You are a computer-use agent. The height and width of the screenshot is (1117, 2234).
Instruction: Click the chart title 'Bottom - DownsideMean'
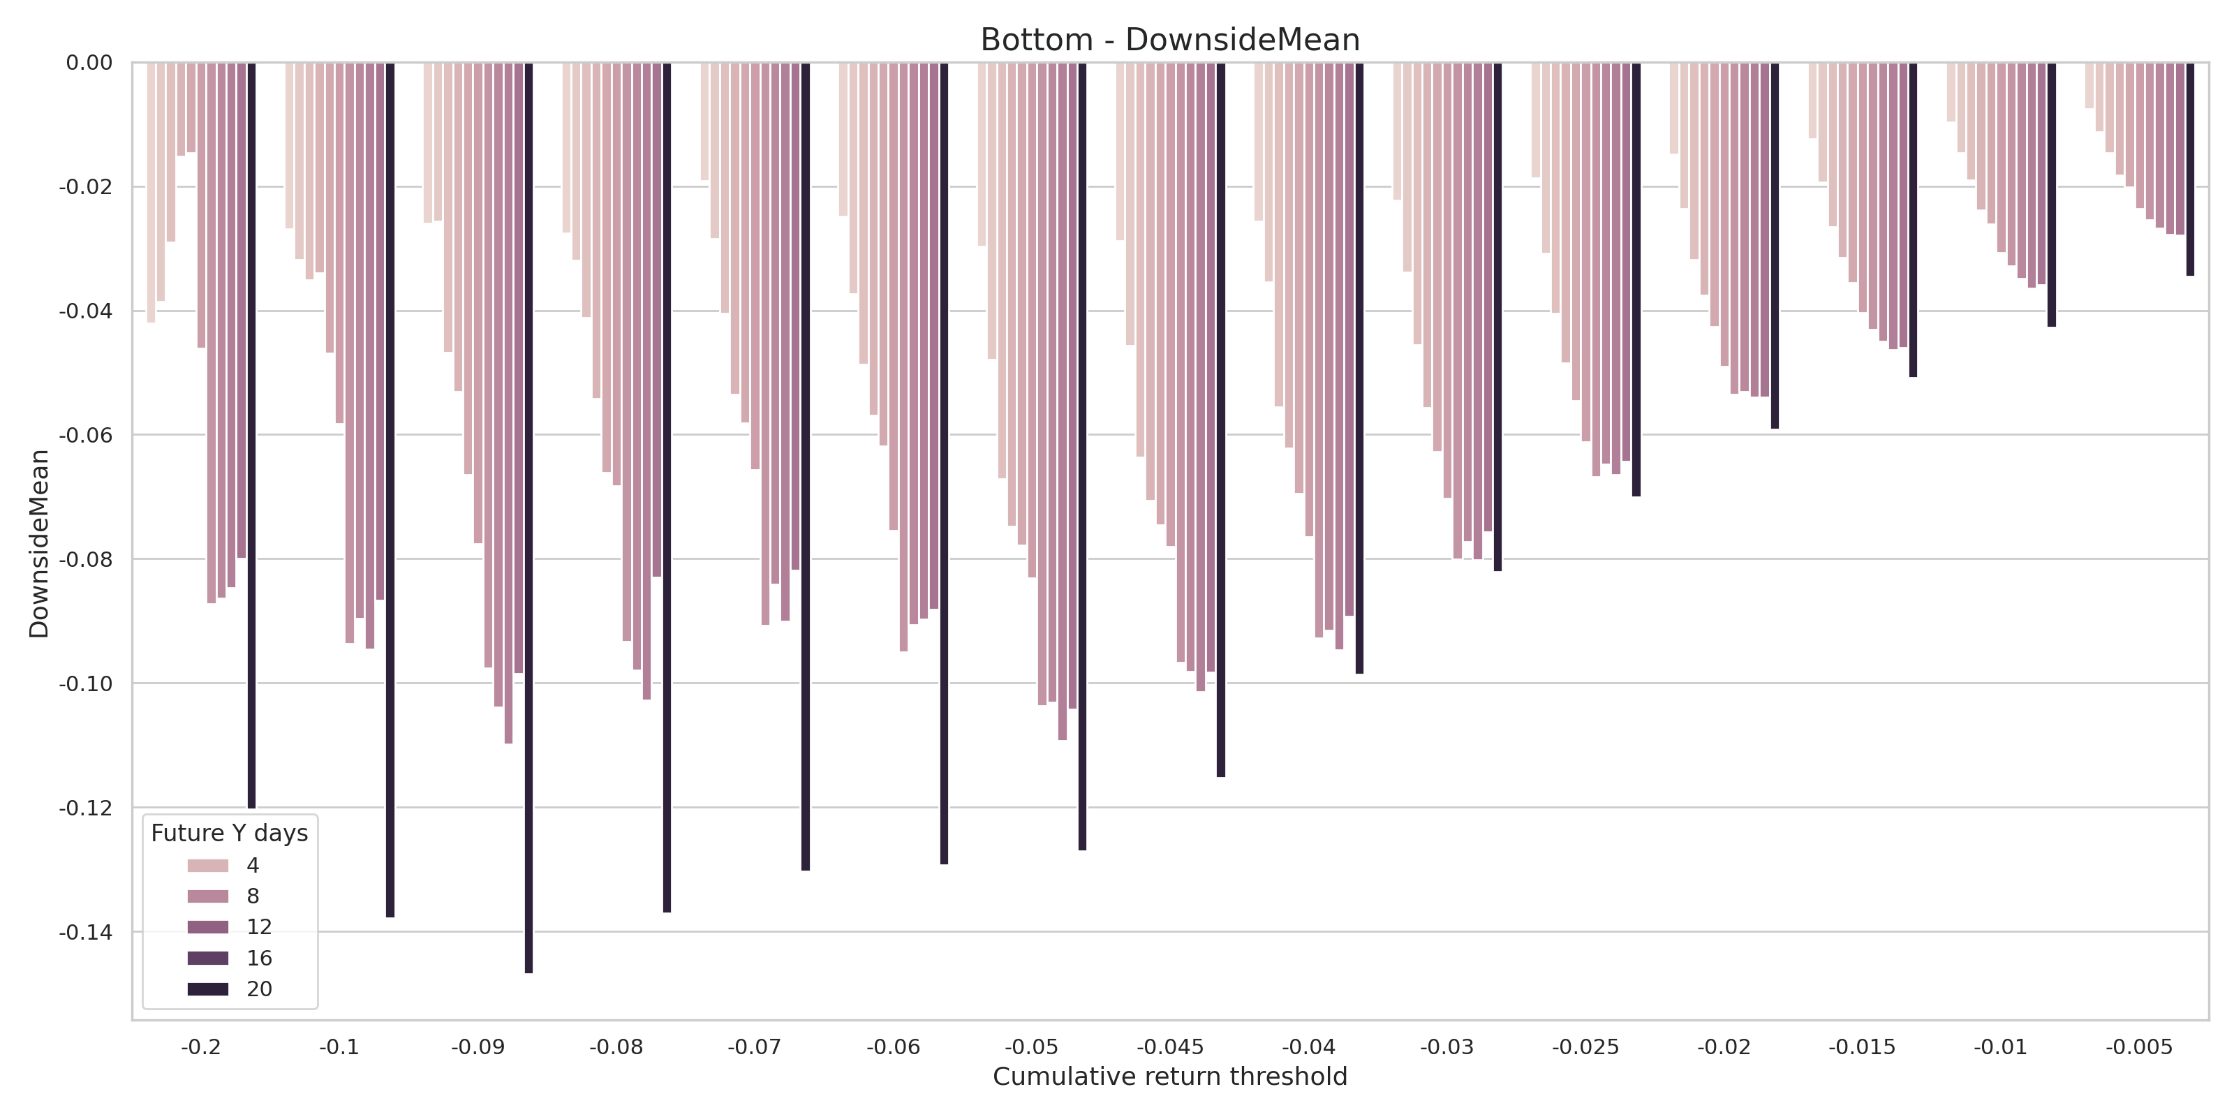coord(1169,40)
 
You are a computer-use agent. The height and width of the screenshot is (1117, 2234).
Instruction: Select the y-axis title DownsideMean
coord(39,544)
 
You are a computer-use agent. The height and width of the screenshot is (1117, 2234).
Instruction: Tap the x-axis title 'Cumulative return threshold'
coord(1169,1077)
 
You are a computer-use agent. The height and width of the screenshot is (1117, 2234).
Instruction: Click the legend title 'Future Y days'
coord(229,834)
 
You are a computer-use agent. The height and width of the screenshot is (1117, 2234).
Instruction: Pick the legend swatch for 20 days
coord(208,989)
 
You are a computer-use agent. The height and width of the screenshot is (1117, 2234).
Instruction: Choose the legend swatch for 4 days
coord(208,866)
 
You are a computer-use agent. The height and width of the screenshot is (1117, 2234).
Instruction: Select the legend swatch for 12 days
coord(208,927)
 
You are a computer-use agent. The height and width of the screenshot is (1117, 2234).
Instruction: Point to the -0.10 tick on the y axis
coord(86,683)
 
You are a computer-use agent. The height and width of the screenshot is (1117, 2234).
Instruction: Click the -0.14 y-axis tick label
coord(86,932)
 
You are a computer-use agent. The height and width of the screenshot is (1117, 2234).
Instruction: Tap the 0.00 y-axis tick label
coord(89,62)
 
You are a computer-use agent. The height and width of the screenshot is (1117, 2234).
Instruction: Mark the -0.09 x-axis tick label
coord(478,1046)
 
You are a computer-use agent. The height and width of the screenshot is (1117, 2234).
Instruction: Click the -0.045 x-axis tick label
coord(1170,1046)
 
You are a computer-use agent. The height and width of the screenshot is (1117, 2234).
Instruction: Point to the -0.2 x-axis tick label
coord(200,1046)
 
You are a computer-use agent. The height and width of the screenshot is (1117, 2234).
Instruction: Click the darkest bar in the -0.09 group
coord(529,518)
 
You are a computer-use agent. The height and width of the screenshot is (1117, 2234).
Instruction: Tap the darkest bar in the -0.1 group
coord(390,490)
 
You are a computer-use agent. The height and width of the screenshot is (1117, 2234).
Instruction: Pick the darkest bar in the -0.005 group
coord(2190,169)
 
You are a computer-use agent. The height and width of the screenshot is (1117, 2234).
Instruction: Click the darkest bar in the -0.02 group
coord(1775,246)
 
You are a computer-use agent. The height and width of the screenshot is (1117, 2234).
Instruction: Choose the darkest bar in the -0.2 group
coord(251,436)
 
